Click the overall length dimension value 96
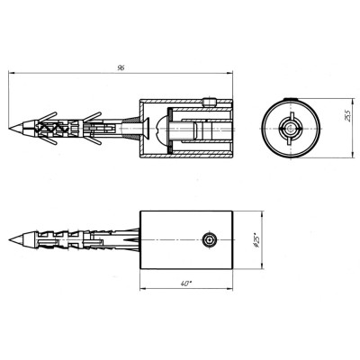click(121, 67)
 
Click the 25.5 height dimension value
click(347, 116)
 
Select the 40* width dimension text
click(186, 283)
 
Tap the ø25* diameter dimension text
click(256, 240)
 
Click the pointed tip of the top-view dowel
click(10, 129)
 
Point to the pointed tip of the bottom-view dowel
click(10, 239)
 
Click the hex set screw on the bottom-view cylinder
click(209, 240)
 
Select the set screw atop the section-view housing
click(209, 103)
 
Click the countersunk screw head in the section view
click(145, 129)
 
